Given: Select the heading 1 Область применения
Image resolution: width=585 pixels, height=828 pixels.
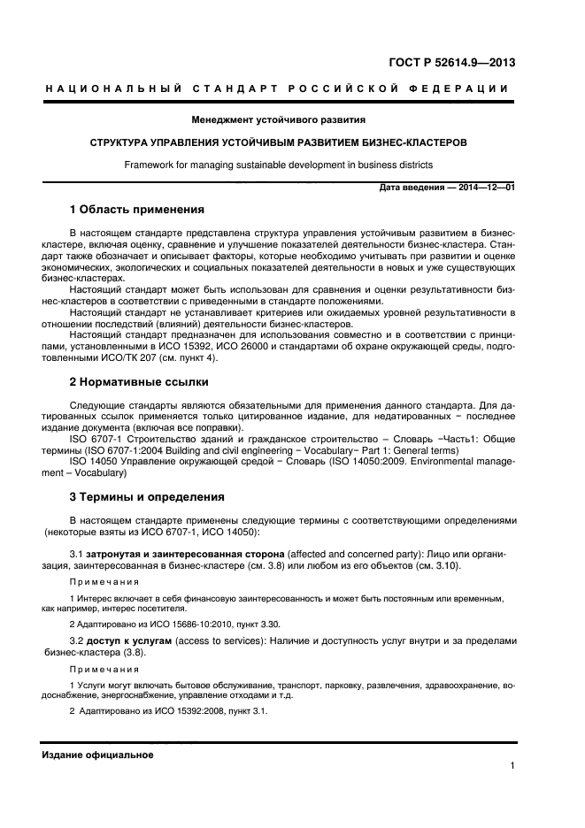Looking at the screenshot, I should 137,211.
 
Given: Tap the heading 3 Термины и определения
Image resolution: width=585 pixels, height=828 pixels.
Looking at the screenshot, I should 147,496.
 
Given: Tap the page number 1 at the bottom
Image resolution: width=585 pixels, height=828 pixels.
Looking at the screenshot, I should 512,767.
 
